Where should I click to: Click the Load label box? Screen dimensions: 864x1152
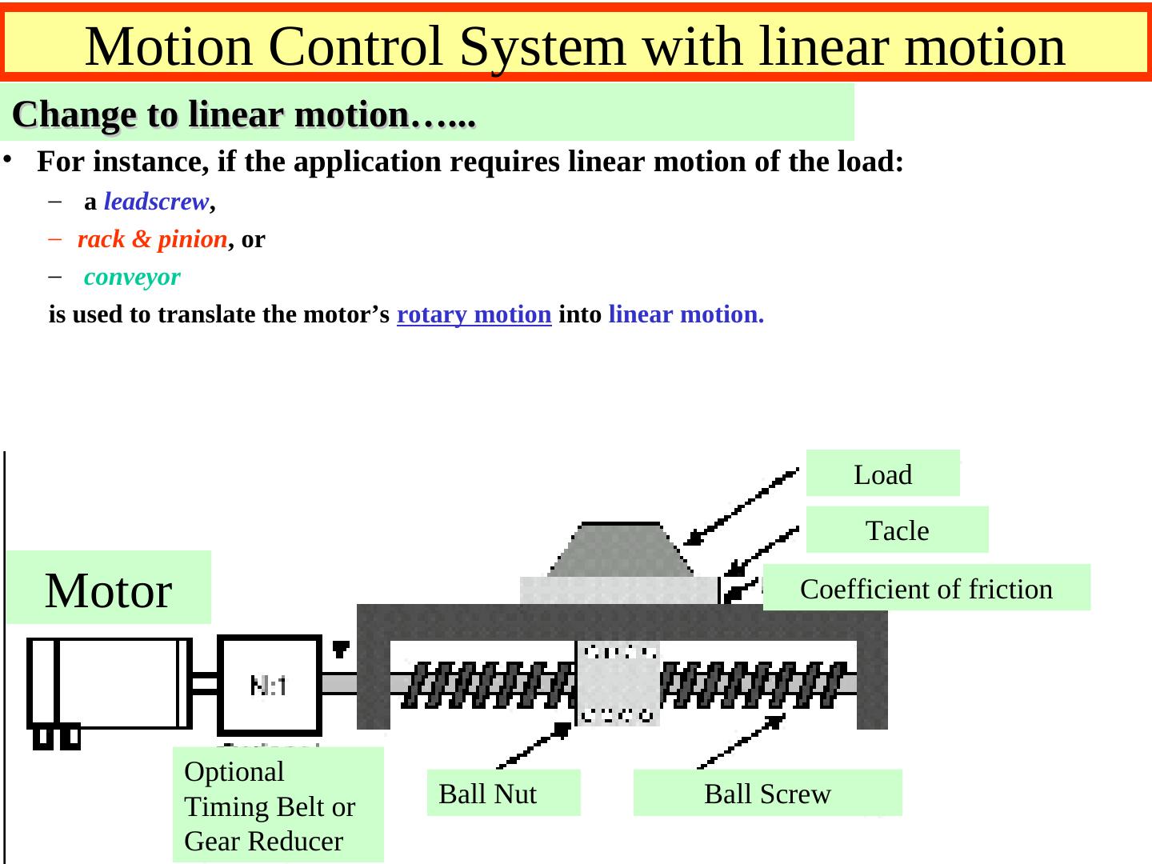tap(882, 474)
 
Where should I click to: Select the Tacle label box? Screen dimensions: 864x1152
tap(897, 530)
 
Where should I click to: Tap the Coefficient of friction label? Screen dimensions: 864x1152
tap(926, 588)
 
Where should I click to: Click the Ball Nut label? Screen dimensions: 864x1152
tap(503, 793)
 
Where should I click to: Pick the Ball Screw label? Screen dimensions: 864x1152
tap(767, 793)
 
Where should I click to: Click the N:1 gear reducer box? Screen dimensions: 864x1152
tap(270, 685)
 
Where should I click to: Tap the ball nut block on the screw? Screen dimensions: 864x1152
tap(618, 683)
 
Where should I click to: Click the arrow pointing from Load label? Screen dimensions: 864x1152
tap(740, 507)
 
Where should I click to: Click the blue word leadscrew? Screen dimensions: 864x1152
tap(156, 202)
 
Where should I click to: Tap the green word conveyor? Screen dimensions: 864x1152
tap(132, 278)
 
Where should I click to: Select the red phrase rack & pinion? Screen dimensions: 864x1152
tap(152, 239)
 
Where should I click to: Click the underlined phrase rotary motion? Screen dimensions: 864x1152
tap(474, 314)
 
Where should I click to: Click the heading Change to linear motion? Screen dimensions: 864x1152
tap(244, 114)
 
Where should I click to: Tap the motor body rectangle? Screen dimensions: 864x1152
tap(120, 683)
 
